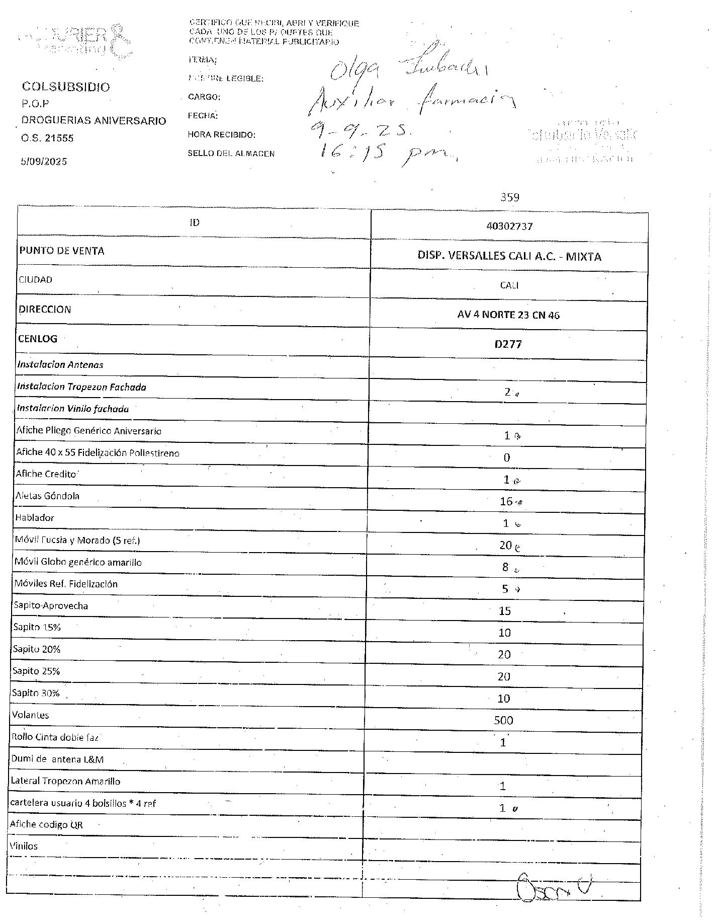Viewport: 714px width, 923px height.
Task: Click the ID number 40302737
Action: pyautogui.click(x=509, y=226)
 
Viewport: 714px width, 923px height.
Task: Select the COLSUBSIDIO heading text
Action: pyautogui.click(x=66, y=87)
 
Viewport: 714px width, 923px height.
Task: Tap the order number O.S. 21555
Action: pyautogui.click(x=47, y=138)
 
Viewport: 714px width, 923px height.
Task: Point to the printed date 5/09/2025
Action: pyautogui.click(x=44, y=162)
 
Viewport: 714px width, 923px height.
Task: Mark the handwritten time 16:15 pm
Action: pyautogui.click(x=387, y=152)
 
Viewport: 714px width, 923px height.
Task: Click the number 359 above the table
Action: pyautogui.click(x=509, y=197)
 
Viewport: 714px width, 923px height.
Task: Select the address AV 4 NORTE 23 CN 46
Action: pyautogui.click(x=508, y=315)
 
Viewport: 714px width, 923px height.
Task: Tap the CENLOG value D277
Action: pyautogui.click(x=508, y=344)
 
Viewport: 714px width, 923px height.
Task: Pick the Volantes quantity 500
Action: pyautogui.click(x=503, y=720)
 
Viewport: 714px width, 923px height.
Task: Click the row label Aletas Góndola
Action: pyautogui.click(x=47, y=496)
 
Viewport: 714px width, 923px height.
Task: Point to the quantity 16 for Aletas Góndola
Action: pyautogui.click(x=506, y=501)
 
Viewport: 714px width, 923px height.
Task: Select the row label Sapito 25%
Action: pyautogui.click(x=36, y=671)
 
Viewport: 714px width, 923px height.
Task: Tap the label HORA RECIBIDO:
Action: pyautogui.click(x=222, y=135)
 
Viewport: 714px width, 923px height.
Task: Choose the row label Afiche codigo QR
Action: pyautogui.click(x=46, y=824)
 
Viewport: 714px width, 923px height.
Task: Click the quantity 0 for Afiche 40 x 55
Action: pyautogui.click(x=507, y=457)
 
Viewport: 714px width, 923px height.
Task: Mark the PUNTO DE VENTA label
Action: pyautogui.click(x=62, y=251)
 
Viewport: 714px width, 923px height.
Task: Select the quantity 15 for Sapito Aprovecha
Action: pyautogui.click(x=505, y=611)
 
